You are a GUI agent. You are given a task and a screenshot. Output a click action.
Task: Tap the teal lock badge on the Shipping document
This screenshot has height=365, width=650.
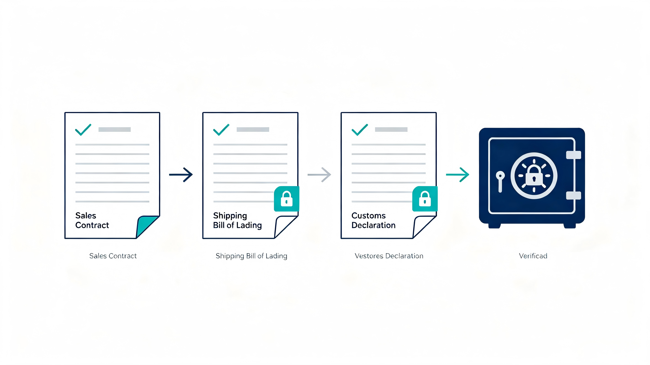(287, 199)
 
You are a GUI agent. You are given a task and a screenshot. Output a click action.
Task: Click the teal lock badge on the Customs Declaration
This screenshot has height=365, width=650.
(425, 199)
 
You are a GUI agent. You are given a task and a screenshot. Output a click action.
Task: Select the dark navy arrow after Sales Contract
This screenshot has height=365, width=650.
(181, 175)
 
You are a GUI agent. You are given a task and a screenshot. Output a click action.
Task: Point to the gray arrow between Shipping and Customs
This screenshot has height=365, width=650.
(319, 175)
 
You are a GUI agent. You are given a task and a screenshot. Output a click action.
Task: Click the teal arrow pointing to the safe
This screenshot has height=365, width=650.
(457, 175)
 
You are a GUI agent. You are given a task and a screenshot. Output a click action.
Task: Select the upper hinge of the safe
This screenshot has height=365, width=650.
(574, 155)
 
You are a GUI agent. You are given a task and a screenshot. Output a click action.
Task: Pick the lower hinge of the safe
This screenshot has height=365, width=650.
(574, 196)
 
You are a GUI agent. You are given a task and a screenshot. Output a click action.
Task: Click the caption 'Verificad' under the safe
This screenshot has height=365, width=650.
(533, 256)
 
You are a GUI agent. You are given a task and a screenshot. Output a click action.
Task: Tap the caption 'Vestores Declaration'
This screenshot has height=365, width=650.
(389, 256)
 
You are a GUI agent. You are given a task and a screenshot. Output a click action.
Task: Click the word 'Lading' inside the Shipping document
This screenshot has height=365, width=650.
(249, 225)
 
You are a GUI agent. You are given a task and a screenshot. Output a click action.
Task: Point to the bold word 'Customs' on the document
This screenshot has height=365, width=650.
(368, 216)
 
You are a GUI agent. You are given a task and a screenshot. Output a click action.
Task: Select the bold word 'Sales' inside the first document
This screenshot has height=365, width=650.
(86, 216)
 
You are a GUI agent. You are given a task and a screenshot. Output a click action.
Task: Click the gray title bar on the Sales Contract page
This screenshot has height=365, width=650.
(115, 129)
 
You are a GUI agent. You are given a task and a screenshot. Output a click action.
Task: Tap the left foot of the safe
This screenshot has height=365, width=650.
(494, 226)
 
